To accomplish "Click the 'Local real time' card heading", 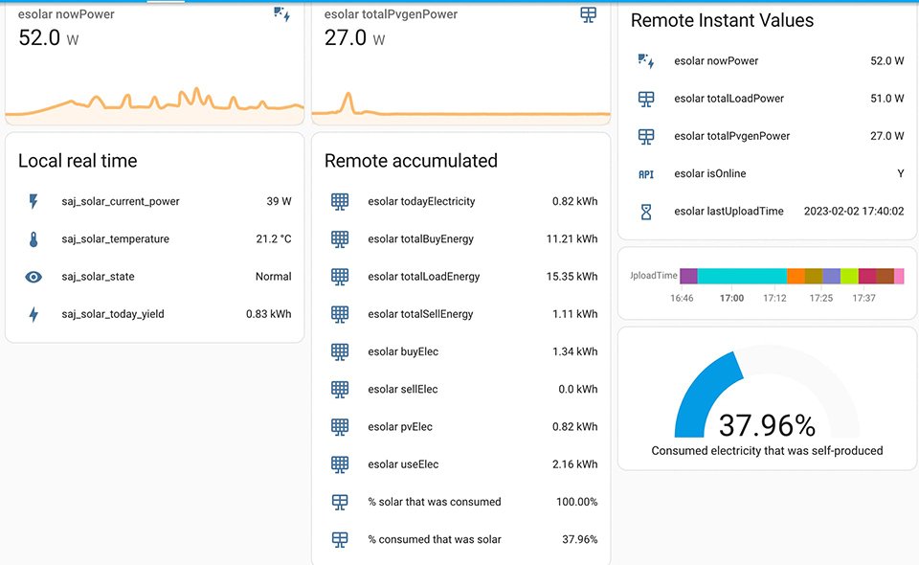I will pyautogui.click(x=78, y=161).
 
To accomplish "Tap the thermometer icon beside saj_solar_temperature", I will pyautogui.click(x=34, y=239).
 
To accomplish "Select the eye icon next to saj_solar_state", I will pyautogui.click(x=34, y=277).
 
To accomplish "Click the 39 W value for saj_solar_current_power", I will pyautogui.click(x=279, y=202).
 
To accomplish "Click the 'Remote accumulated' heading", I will pyautogui.click(x=411, y=161).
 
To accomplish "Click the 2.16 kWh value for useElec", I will pyautogui.click(x=574, y=464).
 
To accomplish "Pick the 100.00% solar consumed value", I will pyautogui.click(x=576, y=502).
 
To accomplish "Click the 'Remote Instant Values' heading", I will pyautogui.click(x=722, y=20).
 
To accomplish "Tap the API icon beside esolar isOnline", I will pyautogui.click(x=646, y=174).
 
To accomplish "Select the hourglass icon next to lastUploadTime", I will pyautogui.click(x=646, y=212).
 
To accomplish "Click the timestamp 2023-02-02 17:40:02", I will pyautogui.click(x=854, y=212).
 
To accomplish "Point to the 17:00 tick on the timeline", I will pyautogui.click(x=731, y=299).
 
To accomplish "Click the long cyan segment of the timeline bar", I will pyautogui.click(x=742, y=276).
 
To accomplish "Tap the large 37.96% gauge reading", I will pyautogui.click(x=767, y=425).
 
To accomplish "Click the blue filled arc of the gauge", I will pyautogui.click(x=699, y=402).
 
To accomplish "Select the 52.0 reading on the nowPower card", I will pyautogui.click(x=40, y=37).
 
